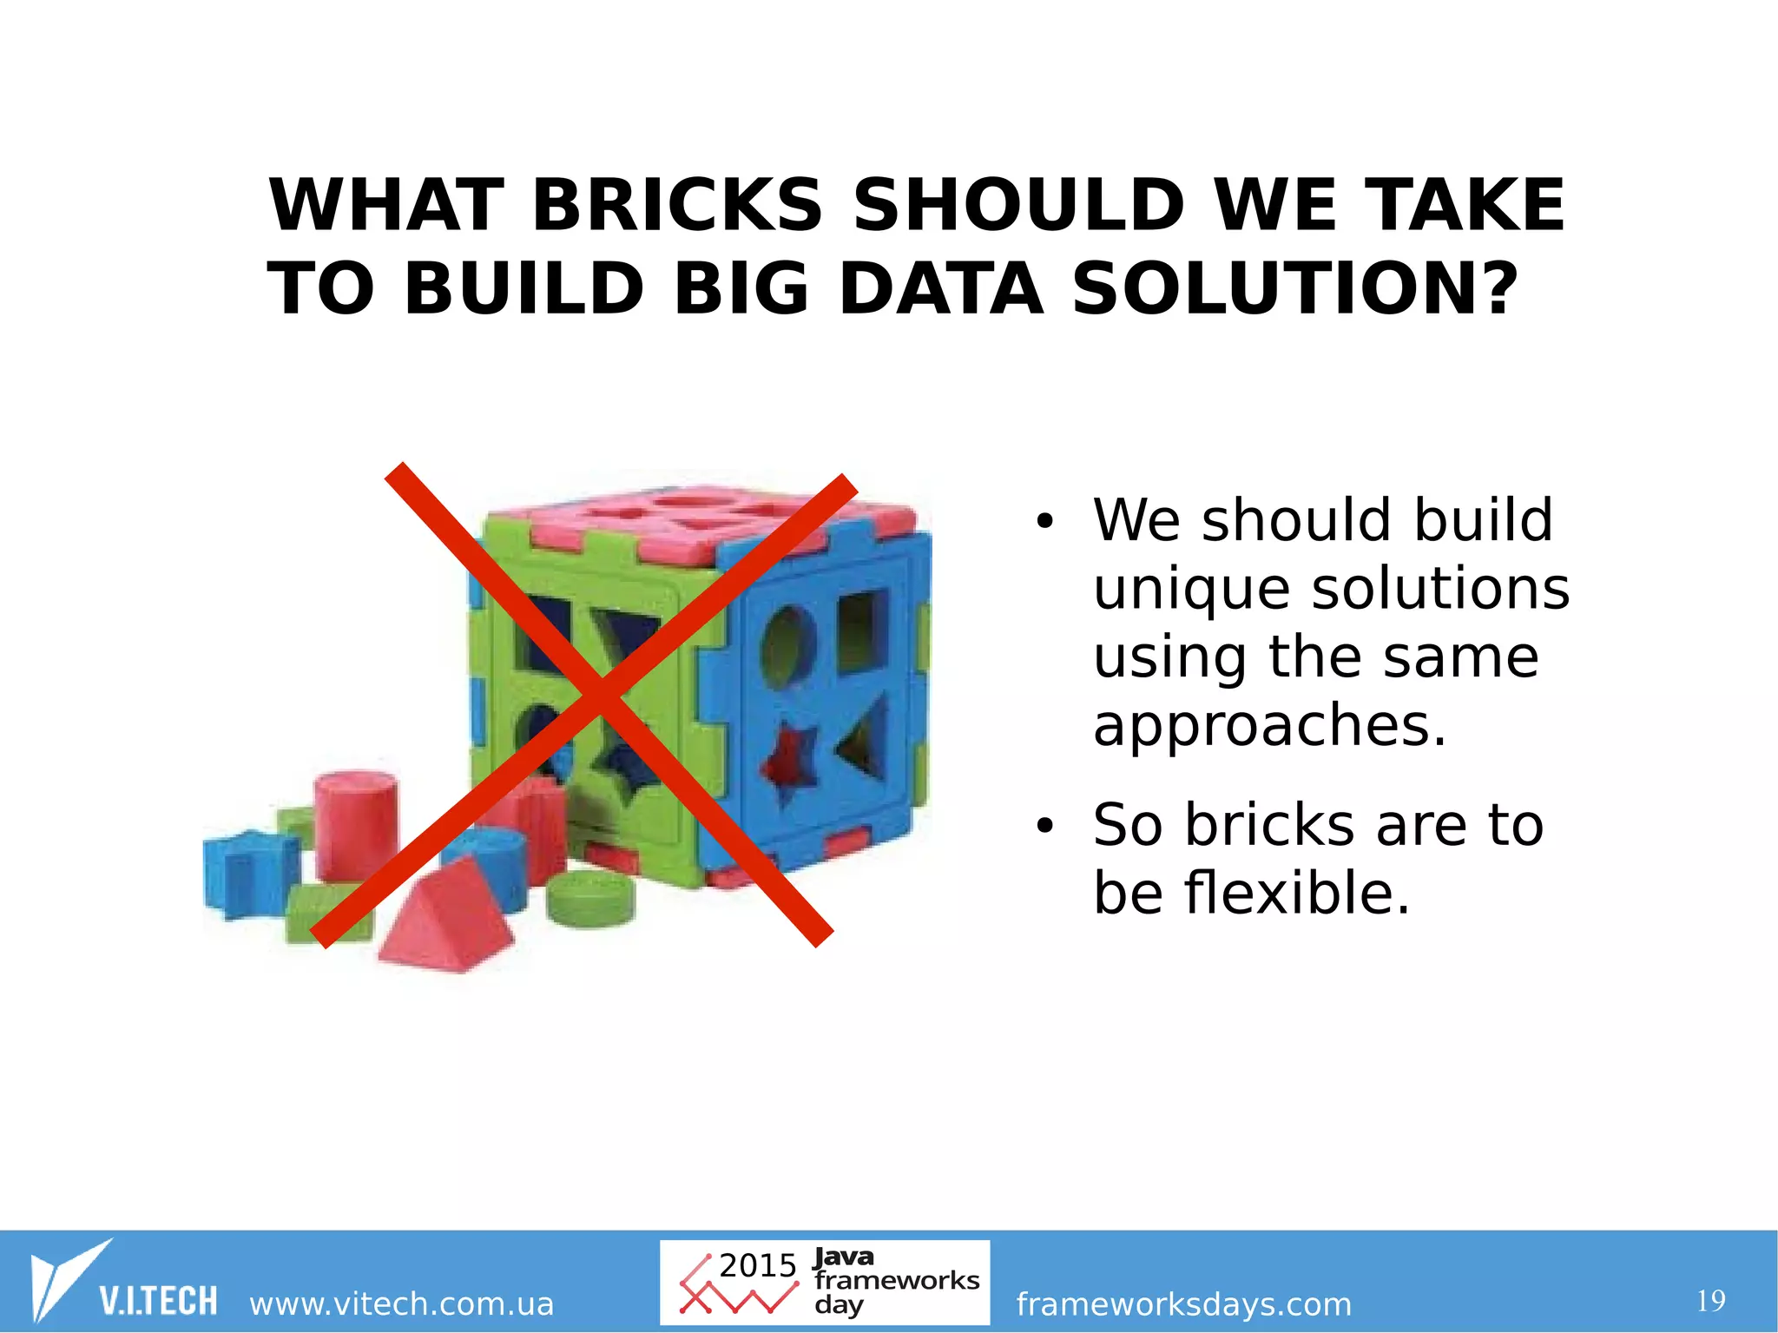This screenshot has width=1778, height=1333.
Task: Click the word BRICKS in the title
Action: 676,206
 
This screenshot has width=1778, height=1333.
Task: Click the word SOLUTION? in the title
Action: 1295,289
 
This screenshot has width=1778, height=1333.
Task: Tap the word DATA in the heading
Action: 940,289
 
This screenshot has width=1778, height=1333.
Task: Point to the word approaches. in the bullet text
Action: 1270,726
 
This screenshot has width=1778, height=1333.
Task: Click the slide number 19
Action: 1710,1301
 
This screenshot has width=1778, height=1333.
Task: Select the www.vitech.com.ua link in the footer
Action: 401,1303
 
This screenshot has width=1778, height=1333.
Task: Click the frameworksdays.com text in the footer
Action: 1183,1303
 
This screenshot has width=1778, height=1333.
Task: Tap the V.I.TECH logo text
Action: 158,1301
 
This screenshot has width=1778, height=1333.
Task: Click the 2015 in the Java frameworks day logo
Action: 757,1265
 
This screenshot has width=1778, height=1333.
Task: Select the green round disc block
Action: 590,899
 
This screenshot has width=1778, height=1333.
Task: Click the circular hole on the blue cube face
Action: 787,647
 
